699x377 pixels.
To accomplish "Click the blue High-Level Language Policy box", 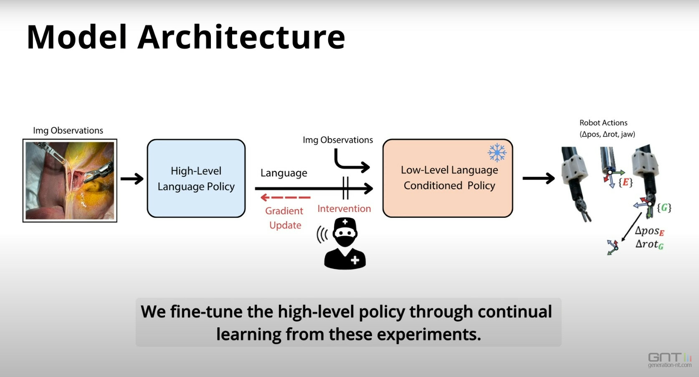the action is [196, 178].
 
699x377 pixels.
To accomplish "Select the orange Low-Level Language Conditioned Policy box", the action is [448, 178].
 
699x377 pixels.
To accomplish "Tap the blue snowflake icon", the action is [497, 153].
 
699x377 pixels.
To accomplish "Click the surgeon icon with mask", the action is [345, 243].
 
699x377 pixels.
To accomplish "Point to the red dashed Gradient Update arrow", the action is [286, 197].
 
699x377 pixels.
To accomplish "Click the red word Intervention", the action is [344, 209].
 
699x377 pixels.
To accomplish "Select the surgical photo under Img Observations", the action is [70, 181].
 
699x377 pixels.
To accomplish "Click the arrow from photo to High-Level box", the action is [132, 178].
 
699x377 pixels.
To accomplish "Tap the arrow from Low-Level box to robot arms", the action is [539, 178].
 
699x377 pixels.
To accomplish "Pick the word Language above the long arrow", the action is [284, 173].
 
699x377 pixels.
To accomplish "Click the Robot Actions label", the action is [603, 123].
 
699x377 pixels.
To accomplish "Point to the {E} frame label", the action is [626, 182].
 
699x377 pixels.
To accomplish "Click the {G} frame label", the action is [664, 208].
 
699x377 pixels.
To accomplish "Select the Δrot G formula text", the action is [650, 244].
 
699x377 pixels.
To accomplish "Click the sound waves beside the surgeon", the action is [322, 235].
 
